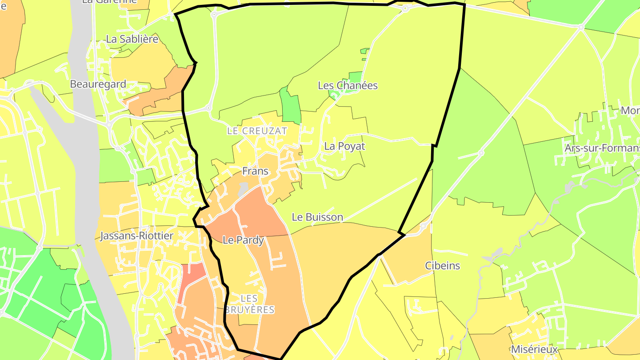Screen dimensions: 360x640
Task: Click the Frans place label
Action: click(255, 171)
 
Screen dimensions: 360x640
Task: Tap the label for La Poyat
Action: click(344, 146)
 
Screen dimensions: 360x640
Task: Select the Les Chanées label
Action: click(348, 85)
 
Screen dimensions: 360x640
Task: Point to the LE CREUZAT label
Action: click(257, 131)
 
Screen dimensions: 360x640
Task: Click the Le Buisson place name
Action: click(317, 217)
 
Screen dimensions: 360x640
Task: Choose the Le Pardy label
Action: click(243, 240)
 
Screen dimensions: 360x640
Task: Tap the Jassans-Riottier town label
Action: click(136, 236)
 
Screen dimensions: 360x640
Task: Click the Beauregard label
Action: click(98, 84)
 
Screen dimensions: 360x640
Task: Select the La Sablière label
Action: click(132, 39)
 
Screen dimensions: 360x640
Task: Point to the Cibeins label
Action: click(442, 266)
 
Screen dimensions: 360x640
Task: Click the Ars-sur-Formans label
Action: click(602, 148)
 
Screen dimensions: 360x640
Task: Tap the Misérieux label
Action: click(534, 349)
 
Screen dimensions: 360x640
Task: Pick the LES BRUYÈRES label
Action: click(250, 304)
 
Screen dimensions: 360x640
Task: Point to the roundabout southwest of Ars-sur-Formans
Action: click(481, 153)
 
